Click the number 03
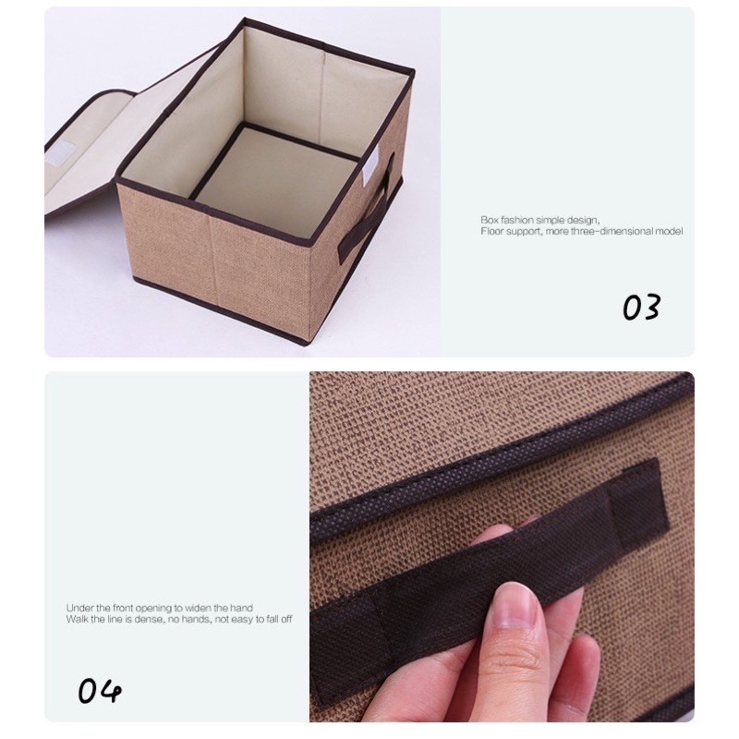[x=641, y=308]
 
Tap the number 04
[x=100, y=691]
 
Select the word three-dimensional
[x=612, y=232]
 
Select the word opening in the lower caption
[x=155, y=609]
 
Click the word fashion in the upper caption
[x=517, y=220]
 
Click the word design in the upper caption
[x=584, y=221]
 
